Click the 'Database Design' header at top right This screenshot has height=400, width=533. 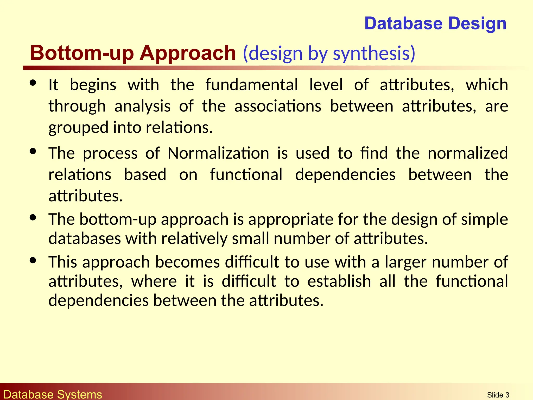(x=435, y=23)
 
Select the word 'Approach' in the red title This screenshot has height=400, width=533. (x=188, y=53)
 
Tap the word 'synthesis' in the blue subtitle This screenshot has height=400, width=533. (x=374, y=54)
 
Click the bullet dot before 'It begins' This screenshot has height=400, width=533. (x=33, y=83)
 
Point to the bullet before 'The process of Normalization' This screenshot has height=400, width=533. (x=33, y=151)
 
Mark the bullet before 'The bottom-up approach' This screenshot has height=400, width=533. (x=33, y=217)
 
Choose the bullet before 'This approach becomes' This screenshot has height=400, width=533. (x=33, y=260)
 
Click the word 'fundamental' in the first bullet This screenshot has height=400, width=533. (x=251, y=85)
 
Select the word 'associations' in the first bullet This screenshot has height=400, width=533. (x=278, y=106)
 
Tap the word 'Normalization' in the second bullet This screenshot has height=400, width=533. (x=218, y=153)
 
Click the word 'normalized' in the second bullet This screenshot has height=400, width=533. (x=468, y=153)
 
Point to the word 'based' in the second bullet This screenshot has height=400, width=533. (x=145, y=174)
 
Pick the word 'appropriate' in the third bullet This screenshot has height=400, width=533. (x=290, y=219)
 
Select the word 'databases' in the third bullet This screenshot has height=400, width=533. (x=85, y=238)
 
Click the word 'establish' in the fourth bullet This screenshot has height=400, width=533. (x=339, y=281)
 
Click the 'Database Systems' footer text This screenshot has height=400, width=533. (x=53, y=394)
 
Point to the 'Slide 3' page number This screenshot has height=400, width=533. (x=498, y=395)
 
